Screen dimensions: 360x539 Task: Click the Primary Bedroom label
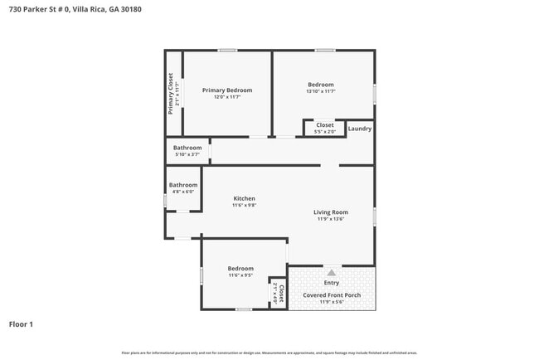point(227,90)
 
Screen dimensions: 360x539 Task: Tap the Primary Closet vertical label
point(171,92)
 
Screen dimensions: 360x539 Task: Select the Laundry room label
point(360,129)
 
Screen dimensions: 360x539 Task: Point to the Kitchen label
point(244,198)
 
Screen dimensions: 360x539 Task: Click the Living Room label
point(330,212)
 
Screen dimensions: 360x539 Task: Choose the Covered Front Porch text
point(331,294)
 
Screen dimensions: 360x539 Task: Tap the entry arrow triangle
point(331,271)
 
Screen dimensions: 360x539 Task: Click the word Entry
point(331,283)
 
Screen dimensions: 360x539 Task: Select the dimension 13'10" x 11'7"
point(321,91)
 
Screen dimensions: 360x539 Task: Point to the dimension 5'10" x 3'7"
point(187,154)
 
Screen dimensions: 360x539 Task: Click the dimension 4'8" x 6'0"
point(183,192)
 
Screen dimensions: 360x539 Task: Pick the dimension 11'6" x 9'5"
point(240,275)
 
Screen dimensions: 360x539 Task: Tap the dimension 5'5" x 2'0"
point(325,131)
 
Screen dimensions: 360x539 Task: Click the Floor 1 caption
point(21,324)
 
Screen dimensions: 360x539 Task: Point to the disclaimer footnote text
point(269,353)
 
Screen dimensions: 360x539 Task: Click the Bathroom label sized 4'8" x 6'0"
point(183,185)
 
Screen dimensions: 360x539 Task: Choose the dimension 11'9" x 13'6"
point(330,219)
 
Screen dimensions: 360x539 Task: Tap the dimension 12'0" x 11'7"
point(227,96)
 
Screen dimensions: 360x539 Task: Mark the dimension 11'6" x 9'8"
point(244,205)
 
